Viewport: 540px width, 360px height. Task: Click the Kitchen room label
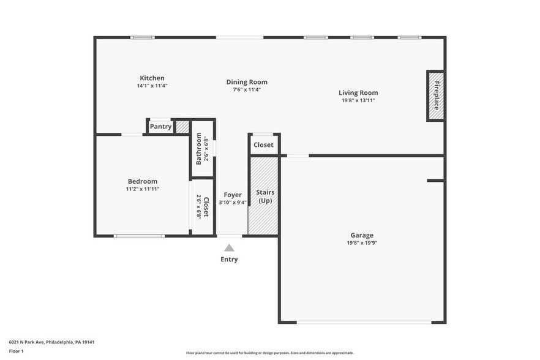click(x=152, y=78)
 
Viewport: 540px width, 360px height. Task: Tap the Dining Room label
click(x=247, y=82)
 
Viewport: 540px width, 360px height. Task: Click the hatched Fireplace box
click(x=435, y=96)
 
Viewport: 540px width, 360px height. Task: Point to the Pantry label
click(x=160, y=127)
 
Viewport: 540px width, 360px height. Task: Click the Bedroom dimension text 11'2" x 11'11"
click(x=142, y=189)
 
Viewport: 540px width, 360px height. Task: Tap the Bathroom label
click(x=199, y=149)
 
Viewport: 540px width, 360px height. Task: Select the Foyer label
click(x=233, y=195)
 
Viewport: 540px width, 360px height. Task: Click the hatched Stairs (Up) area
click(x=264, y=196)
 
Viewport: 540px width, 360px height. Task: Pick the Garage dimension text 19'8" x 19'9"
click(x=362, y=242)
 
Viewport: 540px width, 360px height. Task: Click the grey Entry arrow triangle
click(x=229, y=248)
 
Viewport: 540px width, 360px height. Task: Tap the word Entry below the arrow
click(x=229, y=259)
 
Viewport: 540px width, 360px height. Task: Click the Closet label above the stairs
click(x=263, y=145)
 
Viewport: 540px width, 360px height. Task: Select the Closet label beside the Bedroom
click(x=206, y=208)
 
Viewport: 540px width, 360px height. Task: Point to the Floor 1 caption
click(x=16, y=351)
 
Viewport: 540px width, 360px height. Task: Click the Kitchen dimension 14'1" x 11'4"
click(x=152, y=86)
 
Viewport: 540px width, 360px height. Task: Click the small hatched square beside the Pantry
click(x=182, y=127)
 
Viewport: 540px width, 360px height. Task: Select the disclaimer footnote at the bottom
click(x=269, y=353)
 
